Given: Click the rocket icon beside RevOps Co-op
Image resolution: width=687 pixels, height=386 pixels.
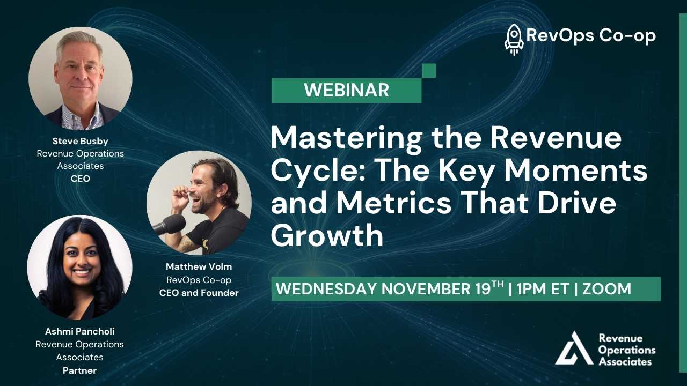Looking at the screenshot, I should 514,39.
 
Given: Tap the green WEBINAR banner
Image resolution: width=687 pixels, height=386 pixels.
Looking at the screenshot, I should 346,90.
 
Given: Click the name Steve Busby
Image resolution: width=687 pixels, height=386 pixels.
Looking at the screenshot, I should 80,141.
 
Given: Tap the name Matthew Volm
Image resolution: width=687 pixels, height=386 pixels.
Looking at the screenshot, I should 199,266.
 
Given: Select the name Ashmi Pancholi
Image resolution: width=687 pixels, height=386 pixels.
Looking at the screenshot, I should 79,331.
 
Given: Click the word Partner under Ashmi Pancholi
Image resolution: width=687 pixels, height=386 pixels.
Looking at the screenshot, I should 80,370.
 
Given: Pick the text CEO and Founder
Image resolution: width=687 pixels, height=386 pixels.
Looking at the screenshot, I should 199,293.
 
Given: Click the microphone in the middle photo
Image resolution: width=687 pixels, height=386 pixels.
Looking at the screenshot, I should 170,225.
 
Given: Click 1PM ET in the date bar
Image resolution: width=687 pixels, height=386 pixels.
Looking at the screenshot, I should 542,289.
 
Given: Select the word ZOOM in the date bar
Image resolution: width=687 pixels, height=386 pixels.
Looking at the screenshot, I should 606,289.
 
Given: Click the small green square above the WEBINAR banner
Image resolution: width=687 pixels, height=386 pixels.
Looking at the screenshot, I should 429,70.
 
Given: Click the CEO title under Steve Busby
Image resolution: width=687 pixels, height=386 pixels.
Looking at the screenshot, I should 80,179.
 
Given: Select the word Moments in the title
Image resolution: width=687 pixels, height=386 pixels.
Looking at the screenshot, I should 577,172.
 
